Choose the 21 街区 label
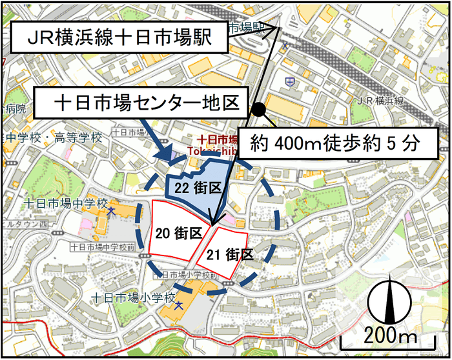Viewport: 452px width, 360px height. tap(230, 254)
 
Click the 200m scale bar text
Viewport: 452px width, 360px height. tap(391, 337)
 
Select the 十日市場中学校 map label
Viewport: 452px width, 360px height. tap(64, 203)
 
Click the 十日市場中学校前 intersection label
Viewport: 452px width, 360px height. tap(103, 247)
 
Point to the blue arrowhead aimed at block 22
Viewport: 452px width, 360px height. tap(166, 156)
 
